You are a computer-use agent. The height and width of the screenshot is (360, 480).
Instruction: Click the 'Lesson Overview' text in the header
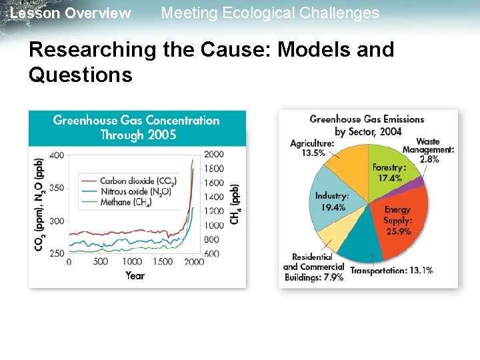pyautogui.click(x=71, y=13)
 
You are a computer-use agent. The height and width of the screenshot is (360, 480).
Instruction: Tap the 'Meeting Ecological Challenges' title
pyautogui.click(x=270, y=13)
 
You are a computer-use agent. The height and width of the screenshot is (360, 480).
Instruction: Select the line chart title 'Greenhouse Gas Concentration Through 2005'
pyautogui.click(x=136, y=127)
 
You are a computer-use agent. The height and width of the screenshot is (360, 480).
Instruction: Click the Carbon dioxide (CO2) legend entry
pyautogui.click(x=137, y=181)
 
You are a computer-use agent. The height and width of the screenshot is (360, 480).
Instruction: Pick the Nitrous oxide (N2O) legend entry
pyautogui.click(x=135, y=191)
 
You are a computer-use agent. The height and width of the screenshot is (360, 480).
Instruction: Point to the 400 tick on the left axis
pyautogui.click(x=57, y=155)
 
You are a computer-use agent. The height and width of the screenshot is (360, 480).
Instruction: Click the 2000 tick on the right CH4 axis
pyautogui.click(x=213, y=155)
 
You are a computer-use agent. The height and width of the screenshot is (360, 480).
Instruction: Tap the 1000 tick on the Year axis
pyautogui.click(x=132, y=261)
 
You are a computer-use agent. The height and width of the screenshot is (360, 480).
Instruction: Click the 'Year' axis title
pyautogui.click(x=135, y=275)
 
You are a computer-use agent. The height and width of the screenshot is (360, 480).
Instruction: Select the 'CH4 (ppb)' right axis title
pyautogui.click(x=235, y=203)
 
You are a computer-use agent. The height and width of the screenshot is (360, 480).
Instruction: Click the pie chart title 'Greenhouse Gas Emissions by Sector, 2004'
pyautogui.click(x=367, y=125)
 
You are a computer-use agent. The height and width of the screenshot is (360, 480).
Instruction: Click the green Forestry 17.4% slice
pyautogui.click(x=387, y=170)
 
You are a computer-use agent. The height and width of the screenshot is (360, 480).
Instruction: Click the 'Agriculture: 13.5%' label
pyautogui.click(x=312, y=147)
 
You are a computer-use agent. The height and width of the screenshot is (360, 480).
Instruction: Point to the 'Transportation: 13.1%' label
pyautogui.click(x=391, y=271)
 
